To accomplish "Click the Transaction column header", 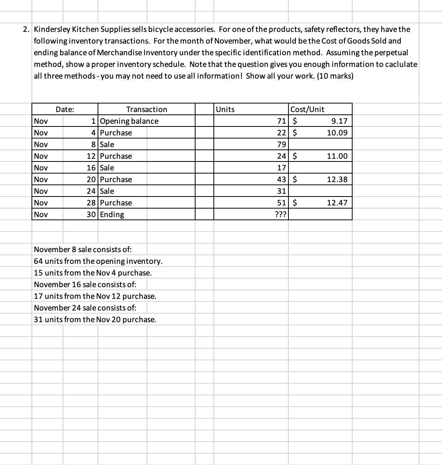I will [x=147, y=109].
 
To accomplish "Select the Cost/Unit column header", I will [x=307, y=109].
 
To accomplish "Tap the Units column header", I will [x=225, y=109].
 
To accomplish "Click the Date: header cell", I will [x=65, y=109].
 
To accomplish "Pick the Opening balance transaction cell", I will [x=129, y=121].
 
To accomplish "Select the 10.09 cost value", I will [x=337, y=133].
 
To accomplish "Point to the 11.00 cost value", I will [x=337, y=156].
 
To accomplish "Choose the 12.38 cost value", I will [x=337, y=179].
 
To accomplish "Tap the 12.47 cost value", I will [x=337, y=203].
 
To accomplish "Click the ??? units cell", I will [x=280, y=214].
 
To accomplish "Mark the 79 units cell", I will [x=281, y=144].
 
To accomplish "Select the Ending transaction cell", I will [x=112, y=214].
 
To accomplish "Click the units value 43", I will [x=281, y=179].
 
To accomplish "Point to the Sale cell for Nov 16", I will [x=107, y=168].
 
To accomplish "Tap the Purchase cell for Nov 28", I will [x=116, y=203].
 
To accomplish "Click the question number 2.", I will [x=26, y=29].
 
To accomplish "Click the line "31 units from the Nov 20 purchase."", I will [x=95, y=319].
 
